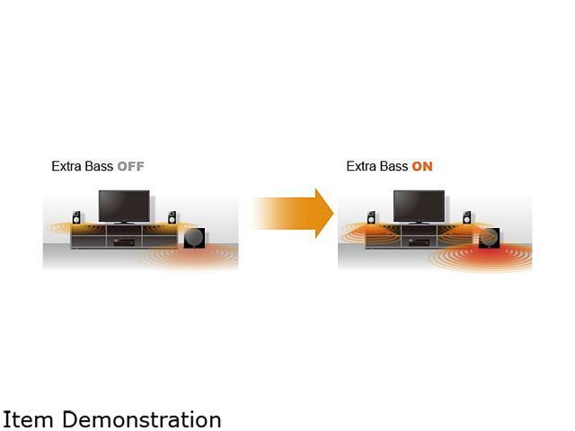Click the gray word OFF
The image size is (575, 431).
coord(130,167)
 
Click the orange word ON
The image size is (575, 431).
coord(422,167)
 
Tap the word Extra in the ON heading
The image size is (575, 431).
coord(362,167)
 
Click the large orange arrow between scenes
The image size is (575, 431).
coord(296,214)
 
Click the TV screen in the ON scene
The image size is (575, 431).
coord(419,205)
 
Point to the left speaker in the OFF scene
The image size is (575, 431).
coord(77,217)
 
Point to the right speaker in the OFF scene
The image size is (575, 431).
coord(172,217)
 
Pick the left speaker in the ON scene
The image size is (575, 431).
coord(371,217)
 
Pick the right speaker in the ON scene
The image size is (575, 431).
coord(466,217)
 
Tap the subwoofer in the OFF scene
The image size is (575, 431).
coord(194,238)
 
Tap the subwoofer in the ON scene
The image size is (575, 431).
coord(489,238)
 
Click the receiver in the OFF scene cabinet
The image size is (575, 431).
coord(124,241)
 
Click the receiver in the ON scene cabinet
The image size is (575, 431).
coord(419,241)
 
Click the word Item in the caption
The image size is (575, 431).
coord(23,419)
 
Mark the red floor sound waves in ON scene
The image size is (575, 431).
coord(490,259)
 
